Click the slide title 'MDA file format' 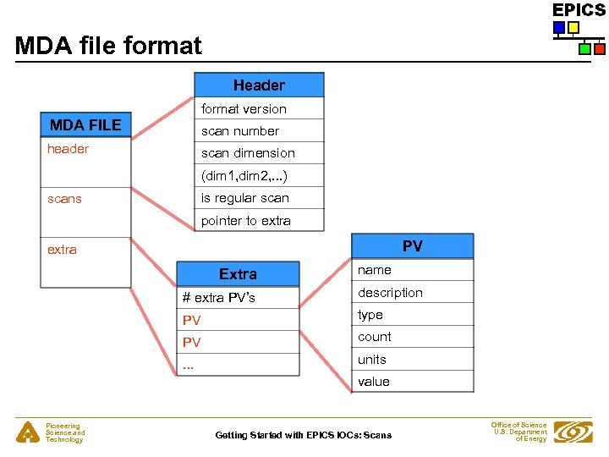[108, 45]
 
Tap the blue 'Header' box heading [259, 85]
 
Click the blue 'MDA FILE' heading [85, 125]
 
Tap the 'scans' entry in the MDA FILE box [65, 199]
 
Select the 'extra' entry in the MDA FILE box [62, 250]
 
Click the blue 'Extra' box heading [238, 274]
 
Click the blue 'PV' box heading [412, 246]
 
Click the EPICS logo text [579, 10]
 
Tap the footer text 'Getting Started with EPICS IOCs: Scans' [304, 435]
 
